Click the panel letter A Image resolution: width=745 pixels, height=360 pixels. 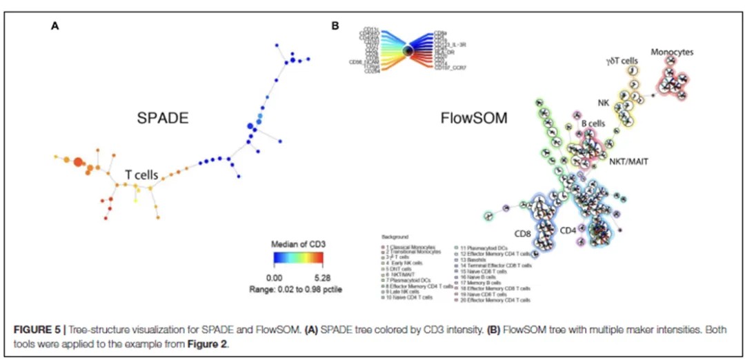tap(54, 26)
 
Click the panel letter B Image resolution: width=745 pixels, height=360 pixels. tap(335, 26)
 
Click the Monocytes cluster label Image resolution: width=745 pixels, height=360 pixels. tap(672, 52)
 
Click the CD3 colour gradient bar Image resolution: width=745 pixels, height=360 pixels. tap(295, 259)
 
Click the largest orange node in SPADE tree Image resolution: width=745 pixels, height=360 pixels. tap(78, 162)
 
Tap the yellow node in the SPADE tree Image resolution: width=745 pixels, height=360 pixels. tap(135, 199)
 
